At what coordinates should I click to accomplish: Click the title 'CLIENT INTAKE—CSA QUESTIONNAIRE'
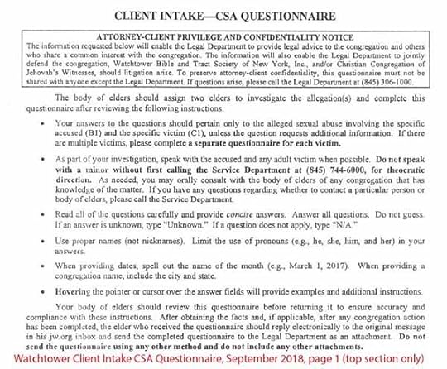223,16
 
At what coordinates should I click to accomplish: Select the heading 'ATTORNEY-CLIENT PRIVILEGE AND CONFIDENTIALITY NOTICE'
223,36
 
